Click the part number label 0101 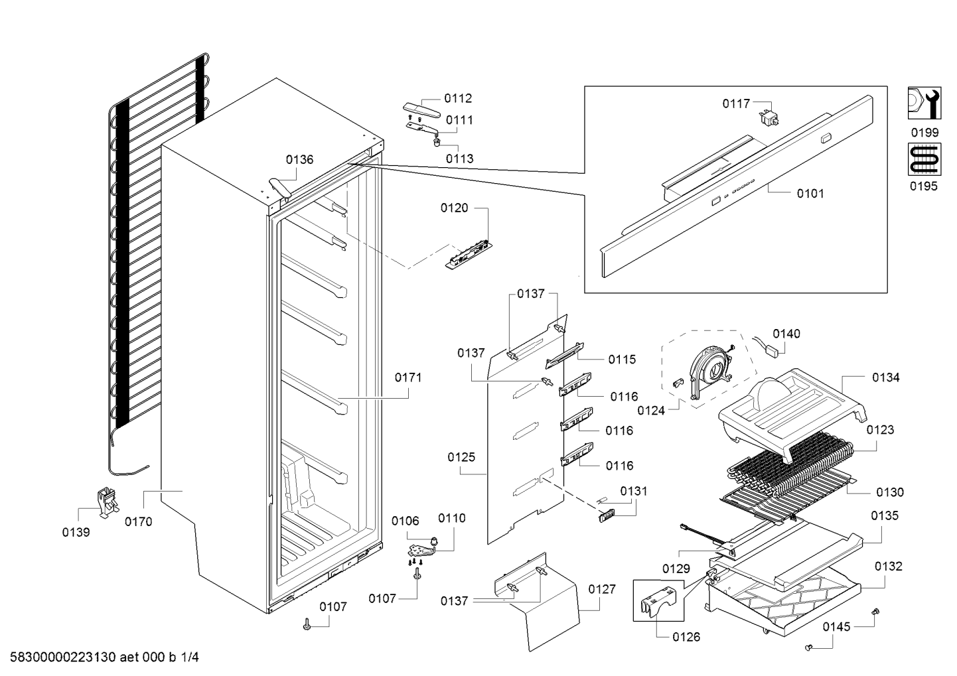pos(810,194)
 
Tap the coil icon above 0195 pos(924,160)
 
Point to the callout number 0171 pos(408,377)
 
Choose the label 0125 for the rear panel pos(461,457)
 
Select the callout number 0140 pos(786,334)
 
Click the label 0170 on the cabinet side pos(138,521)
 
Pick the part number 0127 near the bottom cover pos(601,589)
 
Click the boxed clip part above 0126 pos(658,600)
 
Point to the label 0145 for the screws pos(837,627)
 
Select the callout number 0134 pos(885,377)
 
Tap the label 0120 pos(454,208)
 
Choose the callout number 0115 pos(622,360)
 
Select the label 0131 pos(634,491)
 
